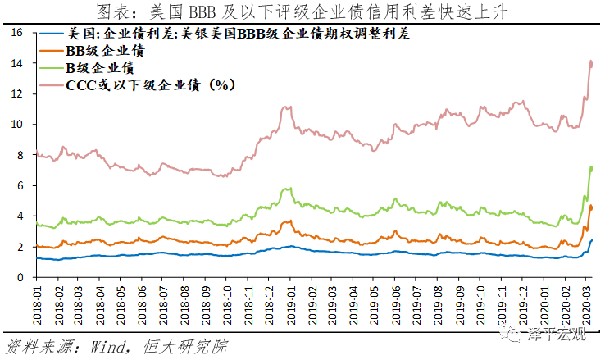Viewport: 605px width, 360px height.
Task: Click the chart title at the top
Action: [x=302, y=11]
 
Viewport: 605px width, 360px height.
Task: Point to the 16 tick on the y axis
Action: [x=17, y=33]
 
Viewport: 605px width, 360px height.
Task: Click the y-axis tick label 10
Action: [x=17, y=125]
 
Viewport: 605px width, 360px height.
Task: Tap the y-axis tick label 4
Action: [x=20, y=216]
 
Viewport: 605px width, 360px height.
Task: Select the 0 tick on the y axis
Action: [x=20, y=278]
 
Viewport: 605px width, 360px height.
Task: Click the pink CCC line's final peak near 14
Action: [x=591, y=62]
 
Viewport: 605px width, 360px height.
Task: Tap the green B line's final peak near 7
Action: [x=591, y=167]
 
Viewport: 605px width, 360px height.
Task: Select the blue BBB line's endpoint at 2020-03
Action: [x=592, y=240]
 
